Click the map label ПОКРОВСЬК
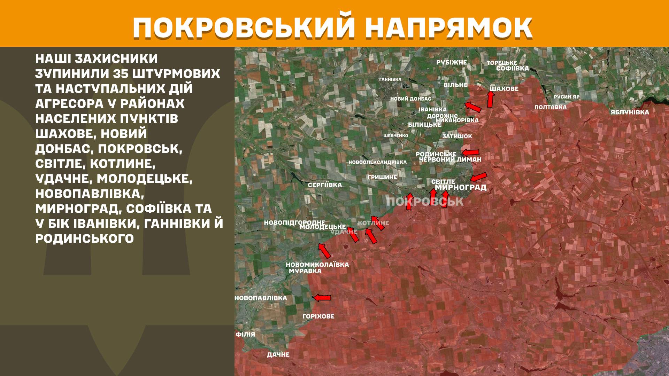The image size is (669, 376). click(x=425, y=201)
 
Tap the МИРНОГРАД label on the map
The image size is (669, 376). click(x=461, y=187)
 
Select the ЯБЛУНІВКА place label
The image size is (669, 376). click(x=630, y=112)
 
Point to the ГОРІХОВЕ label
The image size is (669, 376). click(x=318, y=316)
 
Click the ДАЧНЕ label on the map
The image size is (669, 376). click(x=278, y=354)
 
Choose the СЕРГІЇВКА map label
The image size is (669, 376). click(x=325, y=185)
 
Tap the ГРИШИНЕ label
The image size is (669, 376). click(x=382, y=177)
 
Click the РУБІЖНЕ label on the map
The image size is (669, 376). click(x=452, y=62)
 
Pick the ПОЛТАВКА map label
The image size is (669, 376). click(x=551, y=107)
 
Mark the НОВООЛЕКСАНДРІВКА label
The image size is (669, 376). click(x=377, y=162)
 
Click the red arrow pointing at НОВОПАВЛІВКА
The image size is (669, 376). click(x=322, y=298)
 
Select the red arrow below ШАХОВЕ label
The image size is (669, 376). click(x=490, y=99)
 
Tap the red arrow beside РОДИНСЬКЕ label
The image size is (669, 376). click(x=470, y=152)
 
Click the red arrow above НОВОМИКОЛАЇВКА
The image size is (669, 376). click(x=324, y=251)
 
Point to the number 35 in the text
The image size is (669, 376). click(x=127, y=74)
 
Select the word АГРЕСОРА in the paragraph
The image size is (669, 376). click(x=69, y=104)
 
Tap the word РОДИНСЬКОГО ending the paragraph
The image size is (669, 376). click(x=85, y=238)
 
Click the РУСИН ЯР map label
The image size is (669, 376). click(x=567, y=97)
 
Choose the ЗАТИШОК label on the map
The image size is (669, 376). click(x=457, y=136)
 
